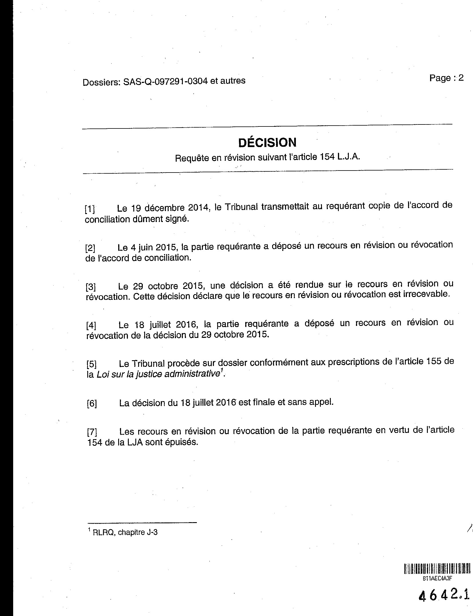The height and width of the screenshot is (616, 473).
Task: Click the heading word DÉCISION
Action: [x=267, y=142]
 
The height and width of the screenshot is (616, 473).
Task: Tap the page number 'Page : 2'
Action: [x=446, y=78]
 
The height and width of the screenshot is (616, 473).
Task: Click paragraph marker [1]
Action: [x=90, y=209]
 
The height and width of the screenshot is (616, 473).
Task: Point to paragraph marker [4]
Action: [x=91, y=326]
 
